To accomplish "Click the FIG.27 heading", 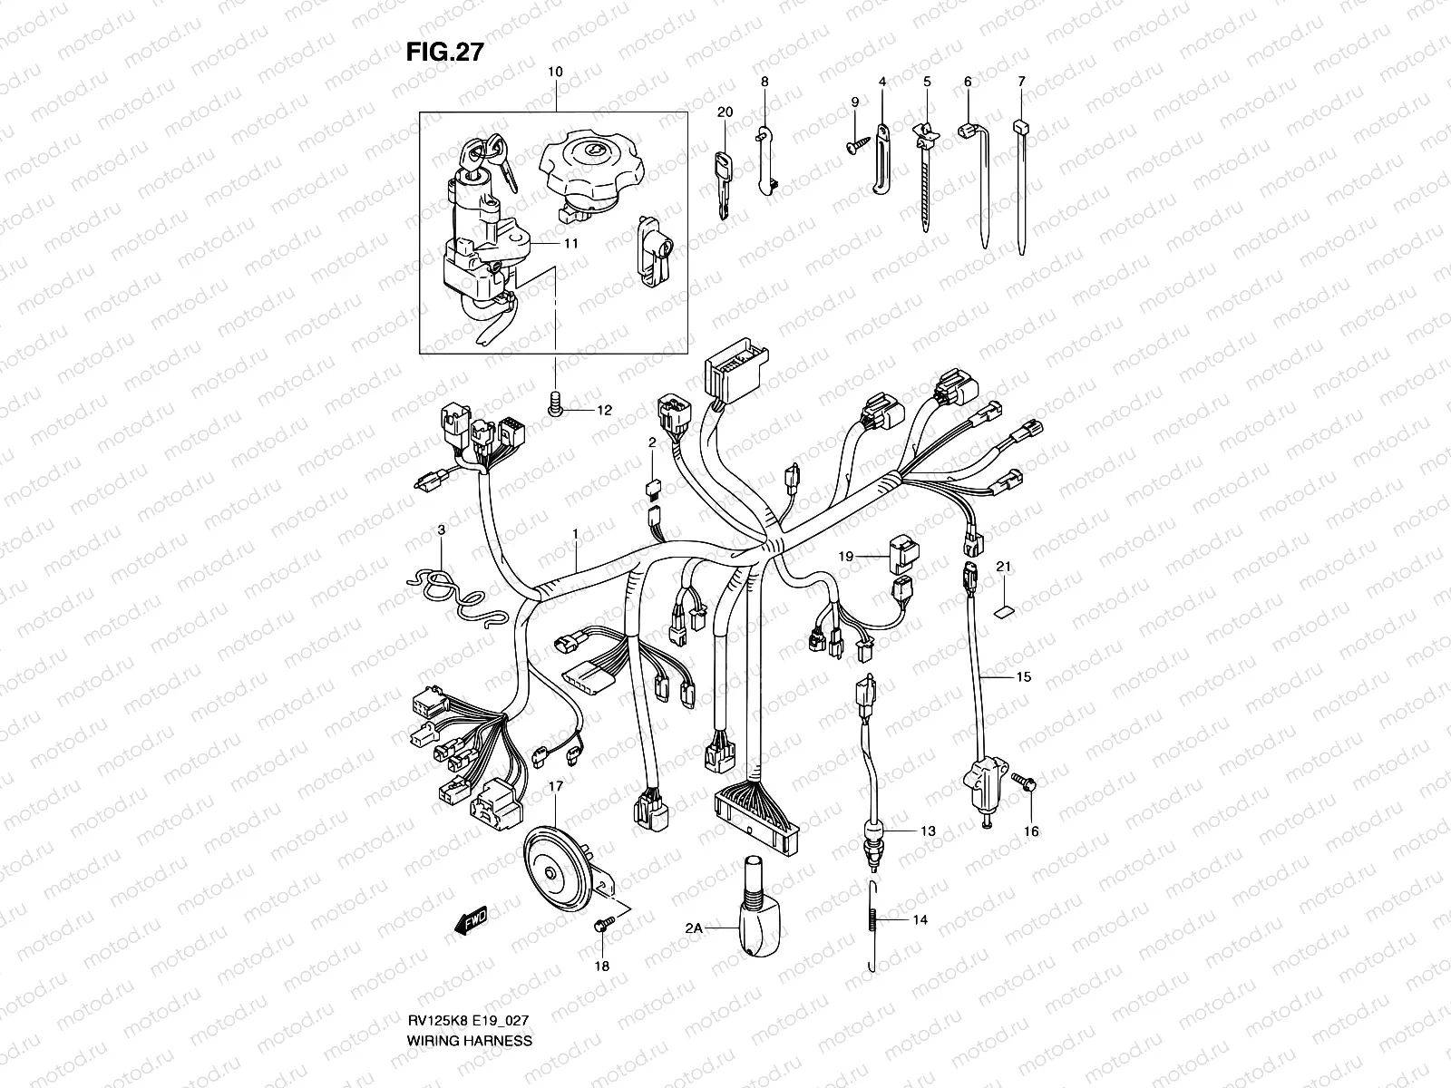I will (443, 53).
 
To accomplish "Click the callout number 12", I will (604, 411).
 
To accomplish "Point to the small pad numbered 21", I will (1004, 608).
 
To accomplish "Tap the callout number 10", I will (555, 71).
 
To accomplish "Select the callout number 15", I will (1023, 676).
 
